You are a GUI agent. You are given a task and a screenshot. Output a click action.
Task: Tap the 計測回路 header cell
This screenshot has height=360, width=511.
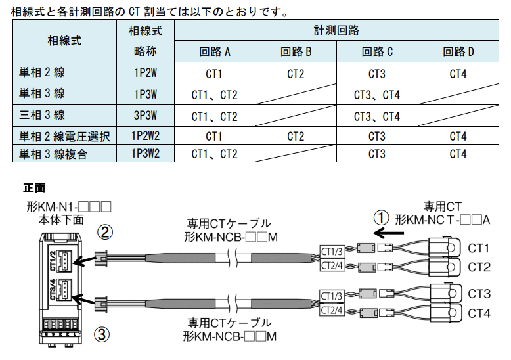pyautogui.click(x=336, y=30)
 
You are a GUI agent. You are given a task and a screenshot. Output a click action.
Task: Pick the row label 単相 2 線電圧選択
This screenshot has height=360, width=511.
pyautogui.click(x=64, y=136)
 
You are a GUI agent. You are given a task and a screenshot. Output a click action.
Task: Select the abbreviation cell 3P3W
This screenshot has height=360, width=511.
pyautogui.click(x=144, y=116)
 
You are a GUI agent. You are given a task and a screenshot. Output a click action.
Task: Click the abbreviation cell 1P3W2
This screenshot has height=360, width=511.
pyautogui.click(x=144, y=154)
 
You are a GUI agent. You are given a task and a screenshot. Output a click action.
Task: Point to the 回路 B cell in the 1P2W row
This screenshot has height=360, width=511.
pyautogui.click(x=296, y=74)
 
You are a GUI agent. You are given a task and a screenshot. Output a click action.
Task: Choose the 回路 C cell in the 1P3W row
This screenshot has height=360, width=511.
pyautogui.click(x=376, y=95)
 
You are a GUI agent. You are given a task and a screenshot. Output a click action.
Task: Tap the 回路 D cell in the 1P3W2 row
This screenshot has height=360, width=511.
pyautogui.click(x=458, y=154)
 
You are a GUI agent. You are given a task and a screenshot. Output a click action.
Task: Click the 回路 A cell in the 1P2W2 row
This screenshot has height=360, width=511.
pyautogui.click(x=214, y=136)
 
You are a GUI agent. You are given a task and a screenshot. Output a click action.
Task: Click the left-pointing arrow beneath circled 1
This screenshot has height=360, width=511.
pyautogui.click(x=388, y=232)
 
